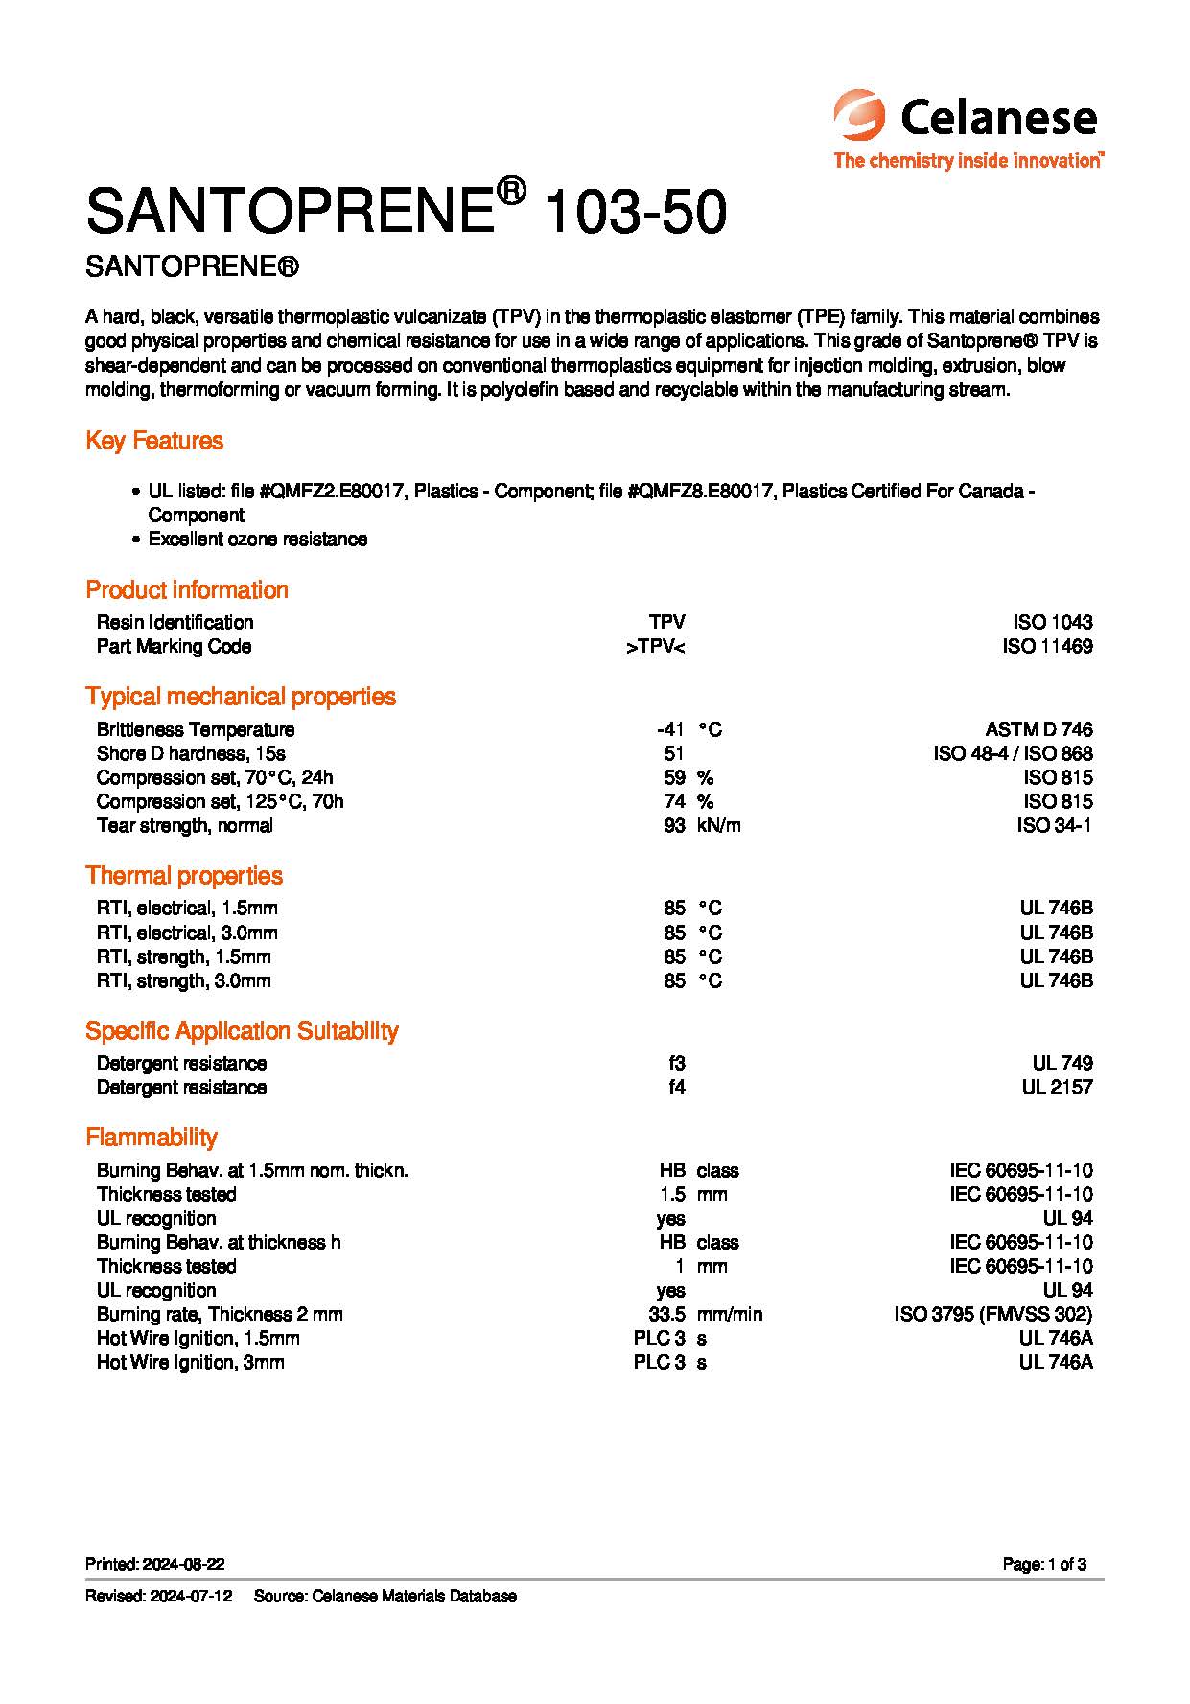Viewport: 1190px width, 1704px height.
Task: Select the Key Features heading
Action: tap(154, 441)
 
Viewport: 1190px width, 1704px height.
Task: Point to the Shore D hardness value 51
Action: tap(674, 753)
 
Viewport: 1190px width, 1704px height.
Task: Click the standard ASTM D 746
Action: tap(1032, 729)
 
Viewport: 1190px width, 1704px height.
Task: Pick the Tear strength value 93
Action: tap(674, 825)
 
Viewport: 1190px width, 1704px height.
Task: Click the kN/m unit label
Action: tap(719, 825)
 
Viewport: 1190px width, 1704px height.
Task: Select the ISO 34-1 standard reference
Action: tap(1054, 825)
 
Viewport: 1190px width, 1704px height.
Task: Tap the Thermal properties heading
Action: tap(184, 875)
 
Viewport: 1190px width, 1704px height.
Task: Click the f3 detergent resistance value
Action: tap(677, 1063)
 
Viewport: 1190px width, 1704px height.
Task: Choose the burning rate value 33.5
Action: tap(666, 1314)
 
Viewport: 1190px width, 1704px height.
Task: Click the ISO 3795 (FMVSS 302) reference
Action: tap(992, 1314)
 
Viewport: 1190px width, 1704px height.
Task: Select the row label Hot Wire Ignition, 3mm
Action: tap(190, 1362)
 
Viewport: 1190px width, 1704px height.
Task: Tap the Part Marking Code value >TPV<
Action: tap(656, 647)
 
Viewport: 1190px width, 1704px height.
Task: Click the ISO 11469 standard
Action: tap(1047, 647)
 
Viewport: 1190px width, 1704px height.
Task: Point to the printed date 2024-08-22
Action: tap(183, 1564)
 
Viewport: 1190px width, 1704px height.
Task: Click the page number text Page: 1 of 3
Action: tap(1044, 1564)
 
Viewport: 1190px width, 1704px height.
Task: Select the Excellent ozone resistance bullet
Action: tap(257, 540)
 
